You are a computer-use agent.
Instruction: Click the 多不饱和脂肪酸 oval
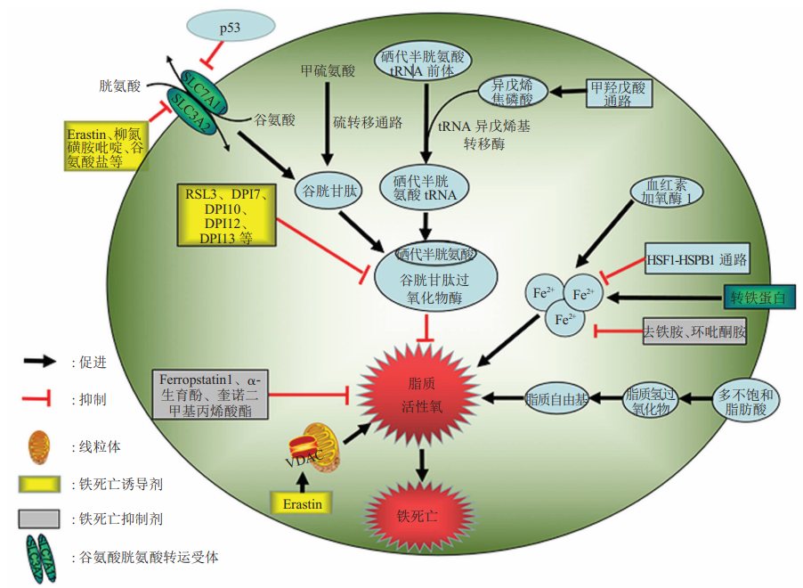pyautogui.click(x=746, y=400)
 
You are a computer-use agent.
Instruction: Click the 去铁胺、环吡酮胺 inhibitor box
pyautogui.click(x=694, y=332)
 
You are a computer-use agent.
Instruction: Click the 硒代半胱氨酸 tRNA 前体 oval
pyautogui.click(x=424, y=60)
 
